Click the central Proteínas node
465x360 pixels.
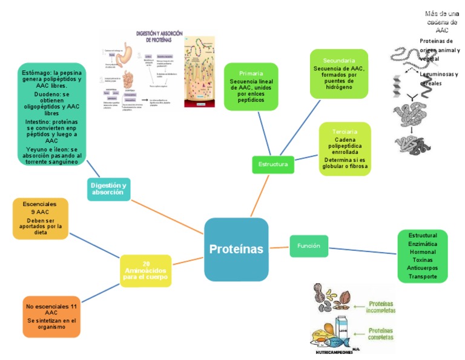236,249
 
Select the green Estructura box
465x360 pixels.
273,164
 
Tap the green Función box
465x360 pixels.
309,245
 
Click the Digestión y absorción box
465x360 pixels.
108,188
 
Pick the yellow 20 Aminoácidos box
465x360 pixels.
145,270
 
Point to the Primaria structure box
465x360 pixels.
251,86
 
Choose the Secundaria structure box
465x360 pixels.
338,73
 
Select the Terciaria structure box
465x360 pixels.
345,148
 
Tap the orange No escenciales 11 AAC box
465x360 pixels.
51,316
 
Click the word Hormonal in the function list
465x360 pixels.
423,251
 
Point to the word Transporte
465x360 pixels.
423,276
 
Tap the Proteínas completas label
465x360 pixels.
381,335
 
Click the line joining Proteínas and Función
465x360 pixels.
279,247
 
